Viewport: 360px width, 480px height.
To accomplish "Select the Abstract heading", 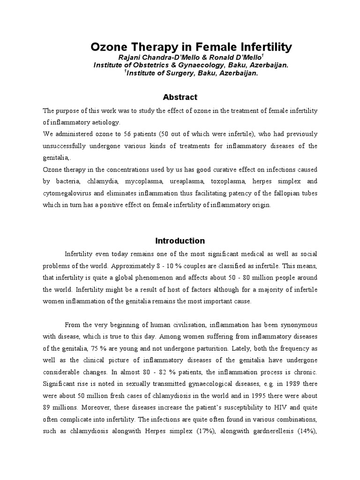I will point(180,97).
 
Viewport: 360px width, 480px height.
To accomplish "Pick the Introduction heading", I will point(180,241).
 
